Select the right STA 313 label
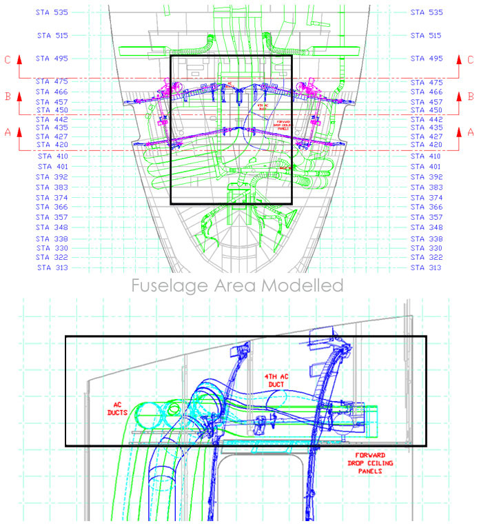[x=427, y=267]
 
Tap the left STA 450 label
[x=52, y=110]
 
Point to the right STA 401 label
[x=427, y=167]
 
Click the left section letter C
[x=8, y=59]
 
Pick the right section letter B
[x=471, y=97]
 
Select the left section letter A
[x=8, y=131]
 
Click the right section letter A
[x=471, y=131]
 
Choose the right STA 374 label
[x=427, y=198]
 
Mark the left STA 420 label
[x=52, y=145]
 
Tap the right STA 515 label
[x=427, y=35]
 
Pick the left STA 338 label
[x=52, y=238]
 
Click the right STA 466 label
[x=427, y=92]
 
